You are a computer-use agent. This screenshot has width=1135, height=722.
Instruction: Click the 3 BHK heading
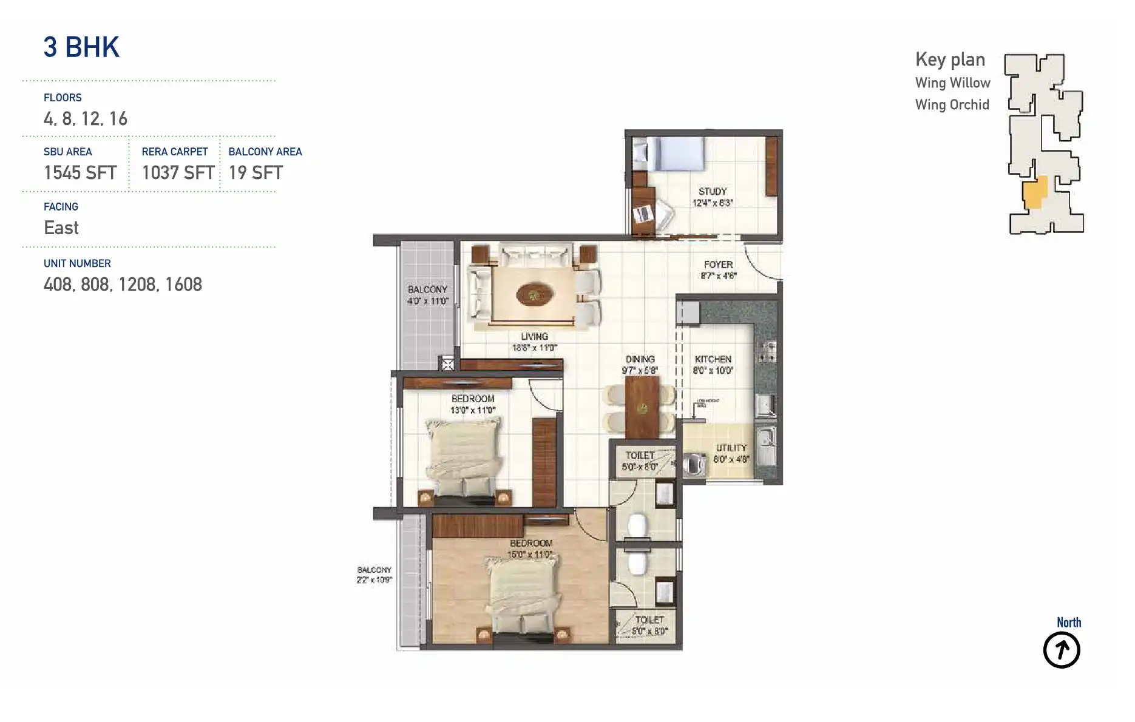click(x=81, y=47)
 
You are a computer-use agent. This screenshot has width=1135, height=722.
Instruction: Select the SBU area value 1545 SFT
click(x=80, y=173)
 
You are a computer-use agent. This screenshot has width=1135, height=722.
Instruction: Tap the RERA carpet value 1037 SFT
click(x=178, y=173)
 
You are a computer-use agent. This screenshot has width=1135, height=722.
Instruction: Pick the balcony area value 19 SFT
click(x=256, y=173)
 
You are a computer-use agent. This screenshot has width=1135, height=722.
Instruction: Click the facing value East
click(x=61, y=228)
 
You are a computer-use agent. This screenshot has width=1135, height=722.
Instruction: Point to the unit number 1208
click(x=137, y=285)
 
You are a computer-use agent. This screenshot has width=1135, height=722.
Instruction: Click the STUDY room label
click(x=712, y=192)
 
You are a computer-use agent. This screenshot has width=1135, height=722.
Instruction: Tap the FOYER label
click(x=718, y=265)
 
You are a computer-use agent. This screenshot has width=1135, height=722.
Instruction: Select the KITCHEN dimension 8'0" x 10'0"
click(x=713, y=371)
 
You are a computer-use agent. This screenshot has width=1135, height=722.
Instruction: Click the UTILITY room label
click(x=731, y=448)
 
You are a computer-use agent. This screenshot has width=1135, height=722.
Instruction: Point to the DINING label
click(x=640, y=359)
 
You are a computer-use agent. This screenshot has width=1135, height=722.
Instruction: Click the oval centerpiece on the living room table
click(x=534, y=295)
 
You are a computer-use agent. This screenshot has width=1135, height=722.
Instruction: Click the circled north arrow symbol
click(x=1061, y=650)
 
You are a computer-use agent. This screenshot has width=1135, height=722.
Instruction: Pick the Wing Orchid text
click(x=952, y=105)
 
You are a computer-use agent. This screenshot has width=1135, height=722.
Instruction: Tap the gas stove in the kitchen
click(x=766, y=352)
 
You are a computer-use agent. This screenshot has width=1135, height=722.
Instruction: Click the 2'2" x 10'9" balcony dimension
click(x=374, y=580)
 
